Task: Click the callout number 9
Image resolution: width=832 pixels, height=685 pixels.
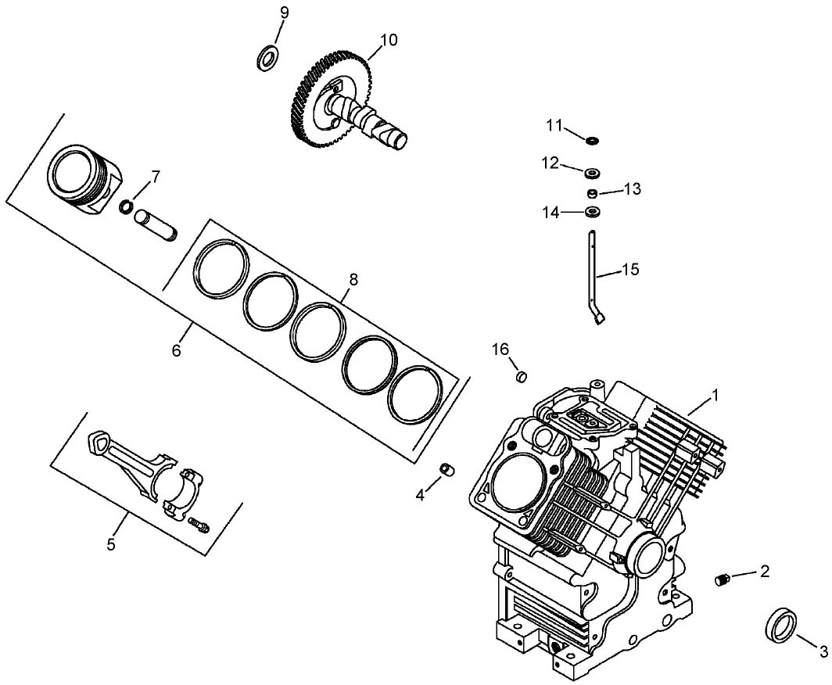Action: click(284, 13)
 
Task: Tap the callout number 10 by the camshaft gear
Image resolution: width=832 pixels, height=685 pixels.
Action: click(389, 40)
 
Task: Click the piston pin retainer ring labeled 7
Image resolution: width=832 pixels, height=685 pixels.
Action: click(126, 206)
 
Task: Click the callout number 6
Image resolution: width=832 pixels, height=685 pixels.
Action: click(176, 351)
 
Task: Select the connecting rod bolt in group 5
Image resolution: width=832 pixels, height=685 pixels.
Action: click(200, 527)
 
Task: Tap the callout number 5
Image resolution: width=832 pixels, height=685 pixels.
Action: click(111, 543)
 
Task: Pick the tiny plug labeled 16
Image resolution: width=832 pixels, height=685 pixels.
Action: click(520, 378)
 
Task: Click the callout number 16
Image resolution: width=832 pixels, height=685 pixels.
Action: click(500, 348)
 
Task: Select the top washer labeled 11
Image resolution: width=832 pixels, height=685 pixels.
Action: click(593, 141)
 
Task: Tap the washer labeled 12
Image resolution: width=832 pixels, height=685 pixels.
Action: click(594, 171)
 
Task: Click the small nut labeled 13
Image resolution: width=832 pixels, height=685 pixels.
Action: click(594, 192)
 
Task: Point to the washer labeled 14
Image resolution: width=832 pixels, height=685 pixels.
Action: click(594, 212)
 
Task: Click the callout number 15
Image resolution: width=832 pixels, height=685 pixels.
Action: click(630, 270)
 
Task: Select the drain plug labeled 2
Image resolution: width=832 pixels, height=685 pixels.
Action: click(723, 579)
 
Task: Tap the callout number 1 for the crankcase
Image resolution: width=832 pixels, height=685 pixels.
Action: click(715, 396)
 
